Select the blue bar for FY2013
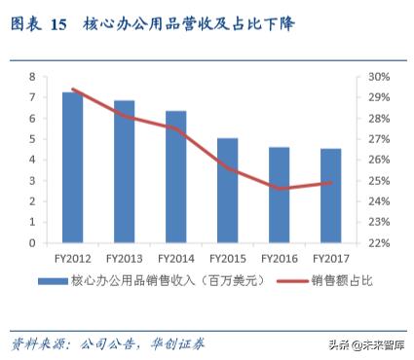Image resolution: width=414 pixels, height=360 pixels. pos(124,171)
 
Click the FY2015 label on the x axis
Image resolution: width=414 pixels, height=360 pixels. pos(227,259)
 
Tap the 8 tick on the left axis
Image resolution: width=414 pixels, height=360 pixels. pos(32,76)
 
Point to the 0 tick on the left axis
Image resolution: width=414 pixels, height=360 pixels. pos(32,243)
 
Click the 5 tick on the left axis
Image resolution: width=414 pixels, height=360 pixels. pos(32,139)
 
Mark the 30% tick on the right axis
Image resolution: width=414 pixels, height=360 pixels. pos(379,76)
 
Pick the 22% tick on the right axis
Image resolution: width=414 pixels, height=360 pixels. pos(379,243)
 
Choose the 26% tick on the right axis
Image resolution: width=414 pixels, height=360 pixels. pos(379,160)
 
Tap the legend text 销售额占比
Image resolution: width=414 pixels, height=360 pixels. pos(342,280)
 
